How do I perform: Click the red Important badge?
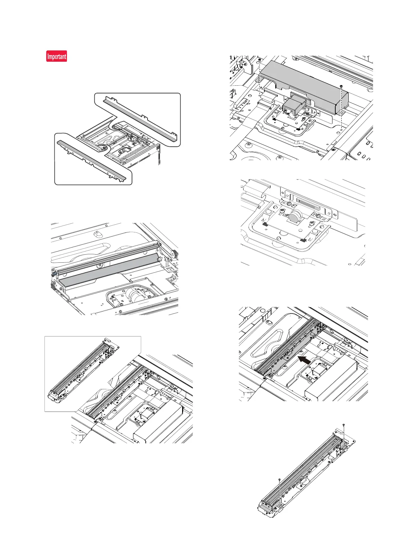56,56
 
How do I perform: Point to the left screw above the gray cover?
259,60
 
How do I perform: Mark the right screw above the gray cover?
341,86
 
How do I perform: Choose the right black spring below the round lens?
302,240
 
